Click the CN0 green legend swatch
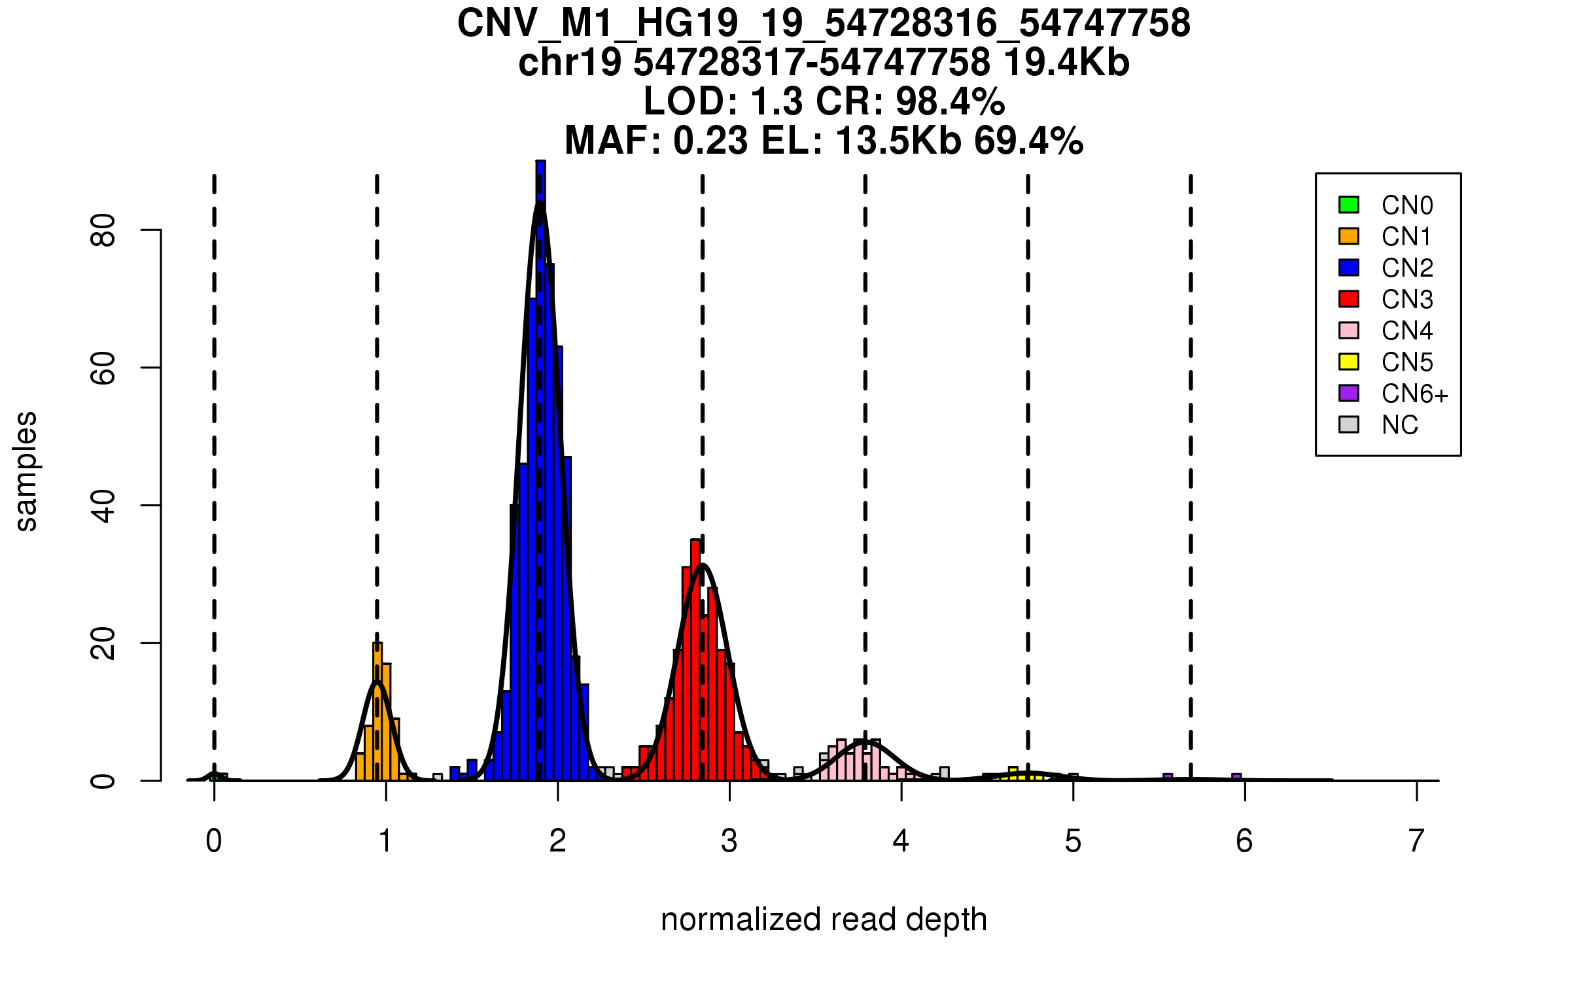point(1349,205)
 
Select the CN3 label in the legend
point(1407,300)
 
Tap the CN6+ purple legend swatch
point(1349,393)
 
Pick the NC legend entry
point(1400,425)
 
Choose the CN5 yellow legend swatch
point(1349,362)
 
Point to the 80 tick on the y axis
point(103,230)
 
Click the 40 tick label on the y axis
point(103,506)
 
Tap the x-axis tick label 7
point(1416,841)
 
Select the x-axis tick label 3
point(729,841)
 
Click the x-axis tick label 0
point(214,841)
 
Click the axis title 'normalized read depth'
point(824,920)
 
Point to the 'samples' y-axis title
point(26,471)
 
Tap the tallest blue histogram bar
point(540,471)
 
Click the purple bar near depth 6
point(1236,777)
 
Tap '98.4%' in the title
point(950,102)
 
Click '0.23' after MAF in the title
point(710,141)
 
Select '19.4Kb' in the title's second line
point(1066,63)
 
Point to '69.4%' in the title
point(1028,141)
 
